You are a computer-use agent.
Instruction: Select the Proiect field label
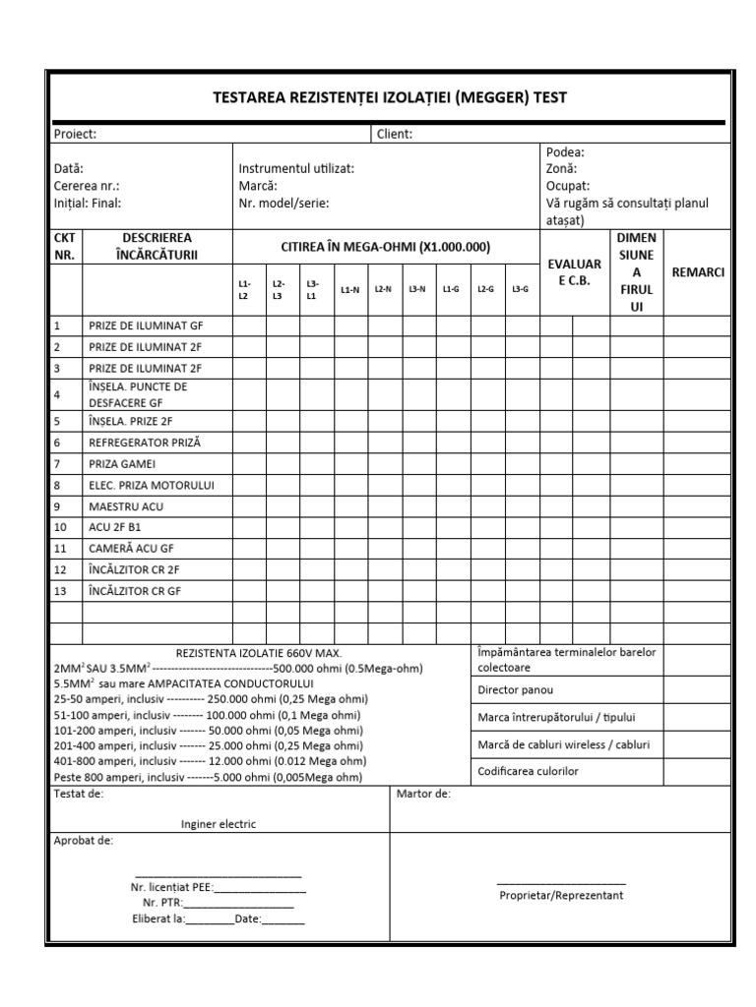(75, 134)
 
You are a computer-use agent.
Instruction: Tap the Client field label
(394, 134)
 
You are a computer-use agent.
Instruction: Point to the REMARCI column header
(697, 272)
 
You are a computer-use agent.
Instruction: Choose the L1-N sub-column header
(349, 289)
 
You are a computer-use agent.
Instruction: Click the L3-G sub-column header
(519, 289)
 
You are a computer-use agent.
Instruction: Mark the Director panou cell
(512, 690)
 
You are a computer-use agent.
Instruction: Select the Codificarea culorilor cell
(528, 771)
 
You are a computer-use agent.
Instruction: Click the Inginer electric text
(219, 824)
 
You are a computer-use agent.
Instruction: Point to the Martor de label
(422, 794)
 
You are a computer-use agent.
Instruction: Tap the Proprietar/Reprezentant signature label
(561, 895)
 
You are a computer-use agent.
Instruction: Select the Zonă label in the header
(561, 168)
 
